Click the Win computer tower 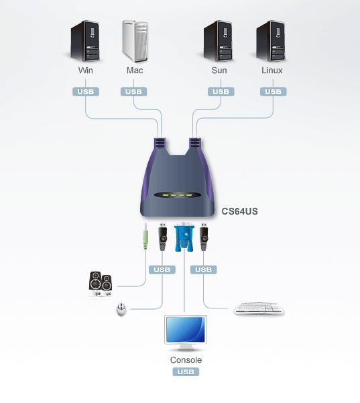coord(86,41)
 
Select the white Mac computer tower coord(135,41)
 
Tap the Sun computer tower coord(219,41)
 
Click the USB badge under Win coord(86,92)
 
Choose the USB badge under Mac coord(135,92)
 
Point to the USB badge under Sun coord(219,92)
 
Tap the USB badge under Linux coord(272,92)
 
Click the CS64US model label coord(240,211)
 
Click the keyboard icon coord(258,309)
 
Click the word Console coord(186,360)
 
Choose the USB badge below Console coord(186,371)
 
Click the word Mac coord(135,70)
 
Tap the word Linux coord(272,70)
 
